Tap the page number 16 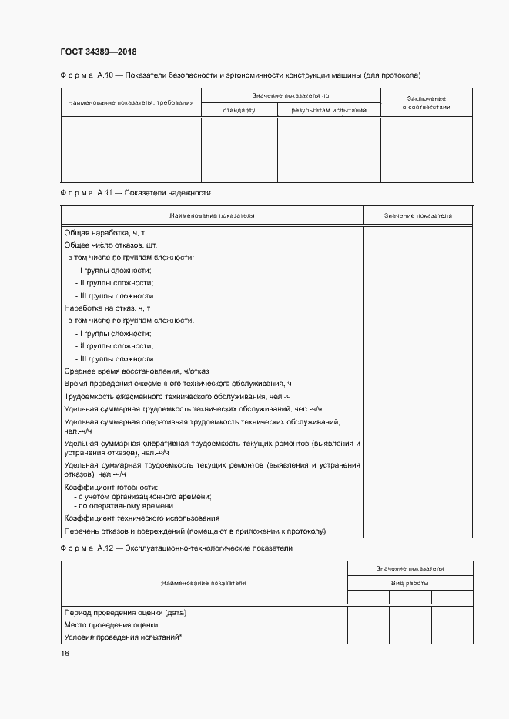click(65, 653)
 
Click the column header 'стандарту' click(239, 110)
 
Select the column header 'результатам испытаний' click(328, 110)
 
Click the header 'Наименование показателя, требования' click(130, 102)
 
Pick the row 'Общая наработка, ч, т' click(105, 232)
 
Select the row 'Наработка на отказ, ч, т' click(107, 308)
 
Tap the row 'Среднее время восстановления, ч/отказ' click(132, 371)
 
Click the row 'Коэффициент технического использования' click(142, 518)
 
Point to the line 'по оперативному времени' click(123, 506)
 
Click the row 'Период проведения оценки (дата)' click(126, 612)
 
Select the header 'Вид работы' click(410, 584)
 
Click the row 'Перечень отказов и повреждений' click(196, 531)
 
